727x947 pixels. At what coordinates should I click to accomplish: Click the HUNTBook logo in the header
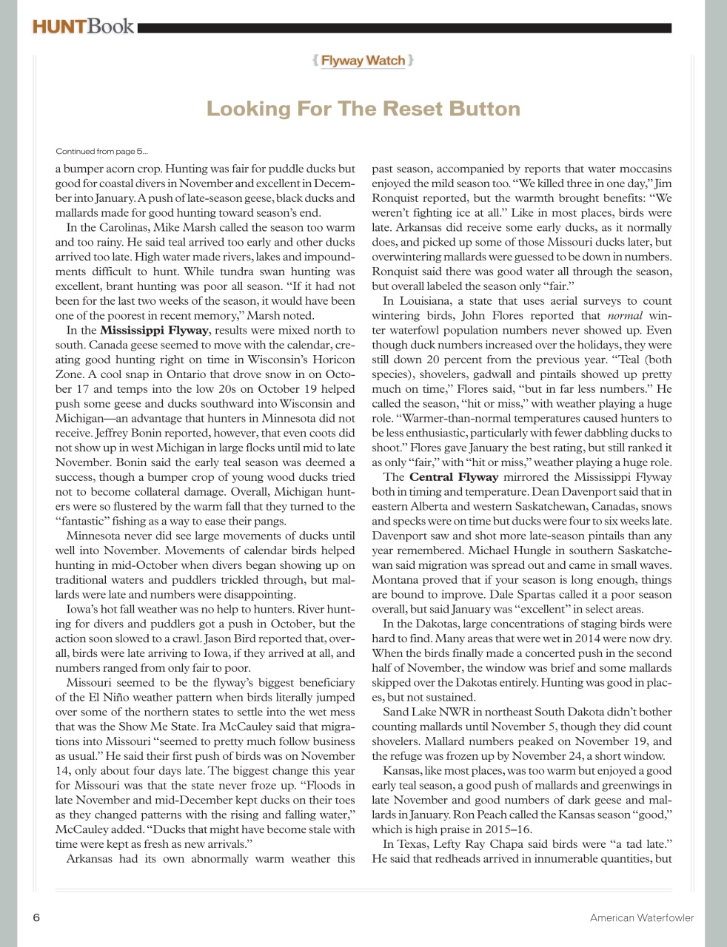tap(83, 27)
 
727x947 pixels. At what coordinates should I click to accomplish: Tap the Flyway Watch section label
tap(363, 61)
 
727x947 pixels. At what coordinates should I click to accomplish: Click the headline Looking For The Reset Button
tap(363, 109)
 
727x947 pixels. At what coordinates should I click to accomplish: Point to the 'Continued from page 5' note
tap(101, 152)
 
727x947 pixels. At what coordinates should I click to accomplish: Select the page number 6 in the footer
tap(36, 917)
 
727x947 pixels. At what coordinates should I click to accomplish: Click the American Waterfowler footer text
tap(641, 917)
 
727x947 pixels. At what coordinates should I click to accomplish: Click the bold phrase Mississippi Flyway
tap(153, 330)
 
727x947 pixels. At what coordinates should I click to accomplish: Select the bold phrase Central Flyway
tap(453, 476)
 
